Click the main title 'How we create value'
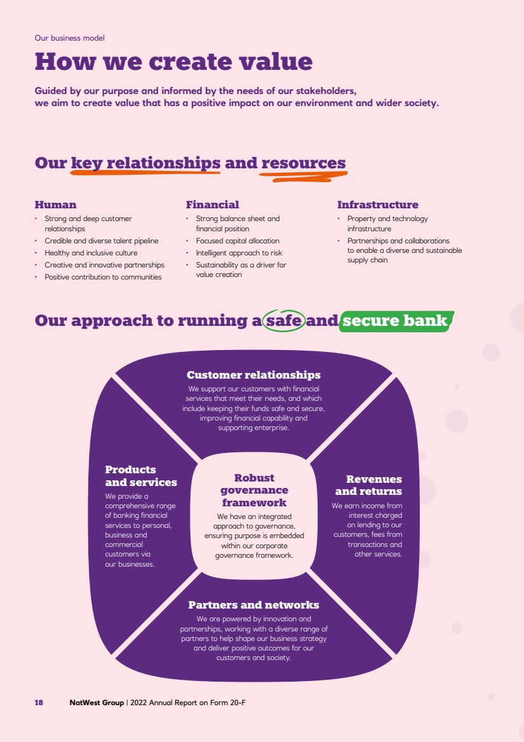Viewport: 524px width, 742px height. (x=173, y=62)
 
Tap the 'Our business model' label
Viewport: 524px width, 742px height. (x=69, y=38)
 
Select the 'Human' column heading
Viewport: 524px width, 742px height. (x=55, y=205)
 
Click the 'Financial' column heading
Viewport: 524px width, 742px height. (x=212, y=205)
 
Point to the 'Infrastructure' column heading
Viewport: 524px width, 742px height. (x=378, y=205)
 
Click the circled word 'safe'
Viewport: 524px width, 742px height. (x=284, y=320)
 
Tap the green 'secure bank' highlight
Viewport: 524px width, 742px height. (x=396, y=321)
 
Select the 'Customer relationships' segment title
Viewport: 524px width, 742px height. (x=253, y=375)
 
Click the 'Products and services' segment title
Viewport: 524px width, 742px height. (x=141, y=476)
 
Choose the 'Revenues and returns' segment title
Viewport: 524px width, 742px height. (x=369, y=485)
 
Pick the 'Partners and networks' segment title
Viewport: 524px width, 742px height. (x=253, y=605)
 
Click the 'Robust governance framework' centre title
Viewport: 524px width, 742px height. (x=255, y=490)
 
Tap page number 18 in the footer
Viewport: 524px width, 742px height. (x=39, y=703)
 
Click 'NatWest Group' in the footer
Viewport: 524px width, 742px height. (x=97, y=703)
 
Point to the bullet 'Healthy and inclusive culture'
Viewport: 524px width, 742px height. (x=91, y=253)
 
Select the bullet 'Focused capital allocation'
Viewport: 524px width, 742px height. (x=238, y=241)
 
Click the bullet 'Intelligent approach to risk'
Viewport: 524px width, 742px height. (x=239, y=253)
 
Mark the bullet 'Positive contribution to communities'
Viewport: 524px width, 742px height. (x=103, y=278)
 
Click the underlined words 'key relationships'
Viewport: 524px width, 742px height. (x=145, y=163)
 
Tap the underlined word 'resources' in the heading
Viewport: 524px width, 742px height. (x=304, y=163)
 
